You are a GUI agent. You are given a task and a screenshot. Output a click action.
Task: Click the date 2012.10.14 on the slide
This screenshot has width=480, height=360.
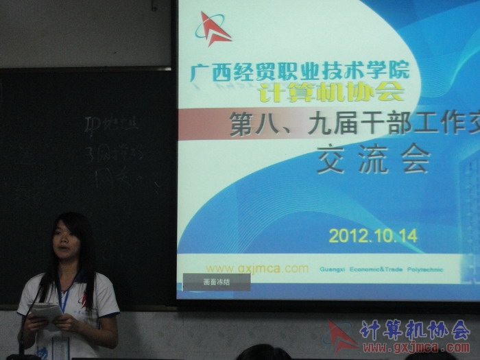372,235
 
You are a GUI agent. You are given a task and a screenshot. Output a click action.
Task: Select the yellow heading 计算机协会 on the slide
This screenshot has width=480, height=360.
331,91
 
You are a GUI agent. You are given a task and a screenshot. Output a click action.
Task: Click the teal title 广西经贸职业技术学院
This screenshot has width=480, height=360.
300,71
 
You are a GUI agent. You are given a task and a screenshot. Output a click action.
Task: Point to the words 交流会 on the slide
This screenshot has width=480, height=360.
373,158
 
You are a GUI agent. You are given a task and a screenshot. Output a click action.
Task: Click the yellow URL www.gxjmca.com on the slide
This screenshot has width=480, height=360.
256,268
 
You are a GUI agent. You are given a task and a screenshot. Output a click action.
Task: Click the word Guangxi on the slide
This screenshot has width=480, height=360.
333,269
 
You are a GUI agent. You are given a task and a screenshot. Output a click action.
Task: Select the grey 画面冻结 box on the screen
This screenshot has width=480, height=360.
216,282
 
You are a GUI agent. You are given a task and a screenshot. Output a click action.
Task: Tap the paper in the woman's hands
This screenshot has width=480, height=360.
47,312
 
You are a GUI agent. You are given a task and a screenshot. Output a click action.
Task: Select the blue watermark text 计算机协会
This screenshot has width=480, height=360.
414,330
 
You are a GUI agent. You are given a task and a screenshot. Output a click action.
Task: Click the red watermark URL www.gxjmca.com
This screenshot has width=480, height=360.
417,348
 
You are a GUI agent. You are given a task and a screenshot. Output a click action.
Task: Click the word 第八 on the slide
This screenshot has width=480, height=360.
250,125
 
